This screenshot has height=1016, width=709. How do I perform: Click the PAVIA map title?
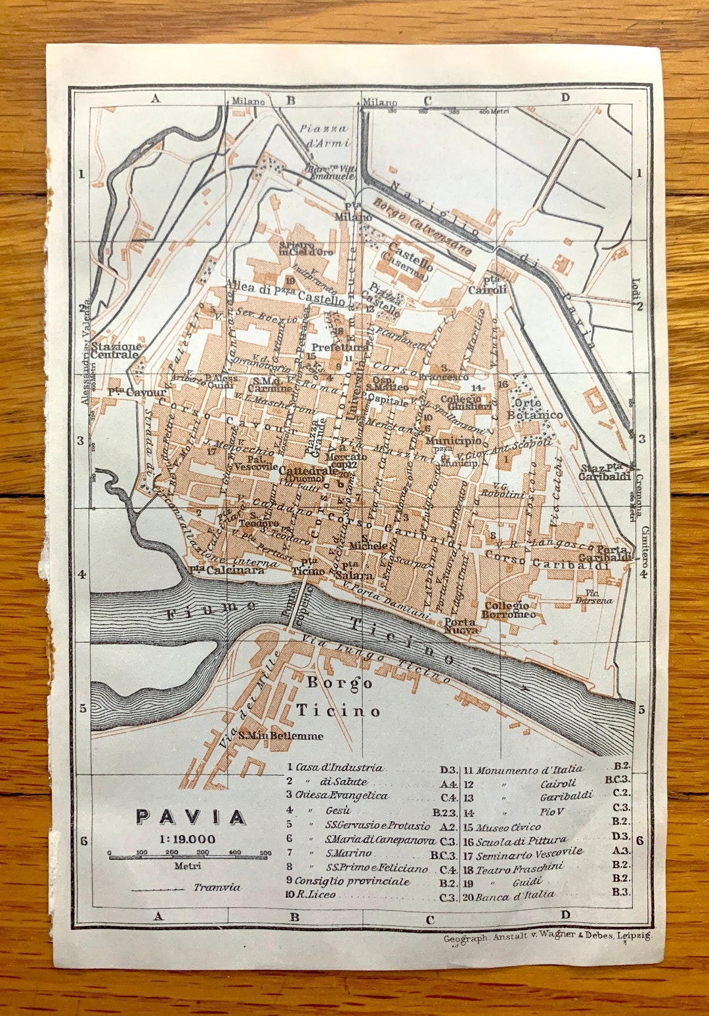click(190, 817)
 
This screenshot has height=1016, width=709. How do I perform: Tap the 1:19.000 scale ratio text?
click(187, 839)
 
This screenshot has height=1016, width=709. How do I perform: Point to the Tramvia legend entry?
click(217, 887)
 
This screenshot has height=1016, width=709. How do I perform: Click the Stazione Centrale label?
click(116, 350)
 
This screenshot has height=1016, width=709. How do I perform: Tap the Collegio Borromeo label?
click(508, 610)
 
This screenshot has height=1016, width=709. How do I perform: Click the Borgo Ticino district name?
click(339, 697)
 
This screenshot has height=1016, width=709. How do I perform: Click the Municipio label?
click(454, 441)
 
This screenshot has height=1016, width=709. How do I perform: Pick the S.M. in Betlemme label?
click(280, 735)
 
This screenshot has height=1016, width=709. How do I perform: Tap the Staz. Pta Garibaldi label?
click(605, 472)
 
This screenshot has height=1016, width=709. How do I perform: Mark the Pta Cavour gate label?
click(137, 392)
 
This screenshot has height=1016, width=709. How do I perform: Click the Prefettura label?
click(339, 347)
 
